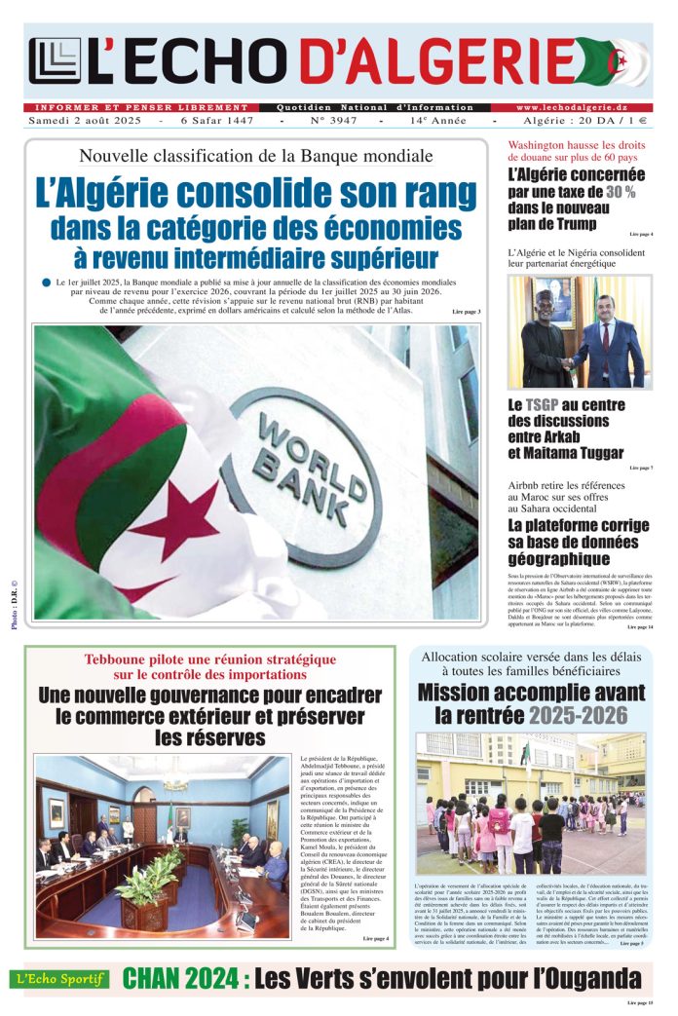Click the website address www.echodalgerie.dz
click(x=584, y=107)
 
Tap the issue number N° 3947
click(x=332, y=121)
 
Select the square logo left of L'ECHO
click(x=55, y=61)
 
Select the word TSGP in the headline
click(x=548, y=404)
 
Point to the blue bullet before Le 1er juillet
click(x=47, y=282)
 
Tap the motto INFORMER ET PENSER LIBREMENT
click(x=141, y=107)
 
